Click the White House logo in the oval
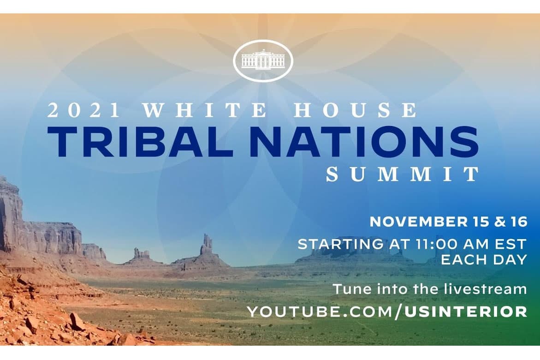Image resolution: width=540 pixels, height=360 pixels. (x=263, y=60)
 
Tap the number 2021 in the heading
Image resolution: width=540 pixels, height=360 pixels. (x=83, y=111)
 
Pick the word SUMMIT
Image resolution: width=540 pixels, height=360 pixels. (x=403, y=174)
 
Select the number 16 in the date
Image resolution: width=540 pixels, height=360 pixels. (x=517, y=222)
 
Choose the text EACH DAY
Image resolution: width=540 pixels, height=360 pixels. (x=483, y=259)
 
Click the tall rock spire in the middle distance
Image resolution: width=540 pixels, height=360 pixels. (x=206, y=245)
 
